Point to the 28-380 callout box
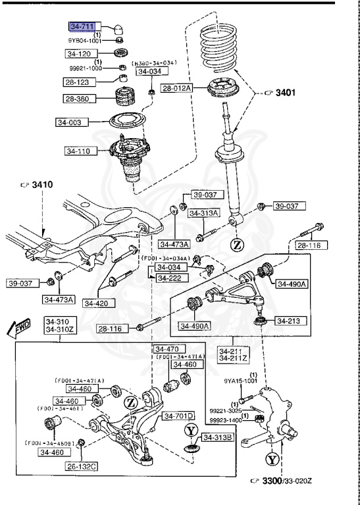pos(78,98)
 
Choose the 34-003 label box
pos(70,122)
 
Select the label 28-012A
pos(176,87)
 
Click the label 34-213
pos(288,321)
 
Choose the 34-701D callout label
pos(178,416)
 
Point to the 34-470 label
pos(167,349)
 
